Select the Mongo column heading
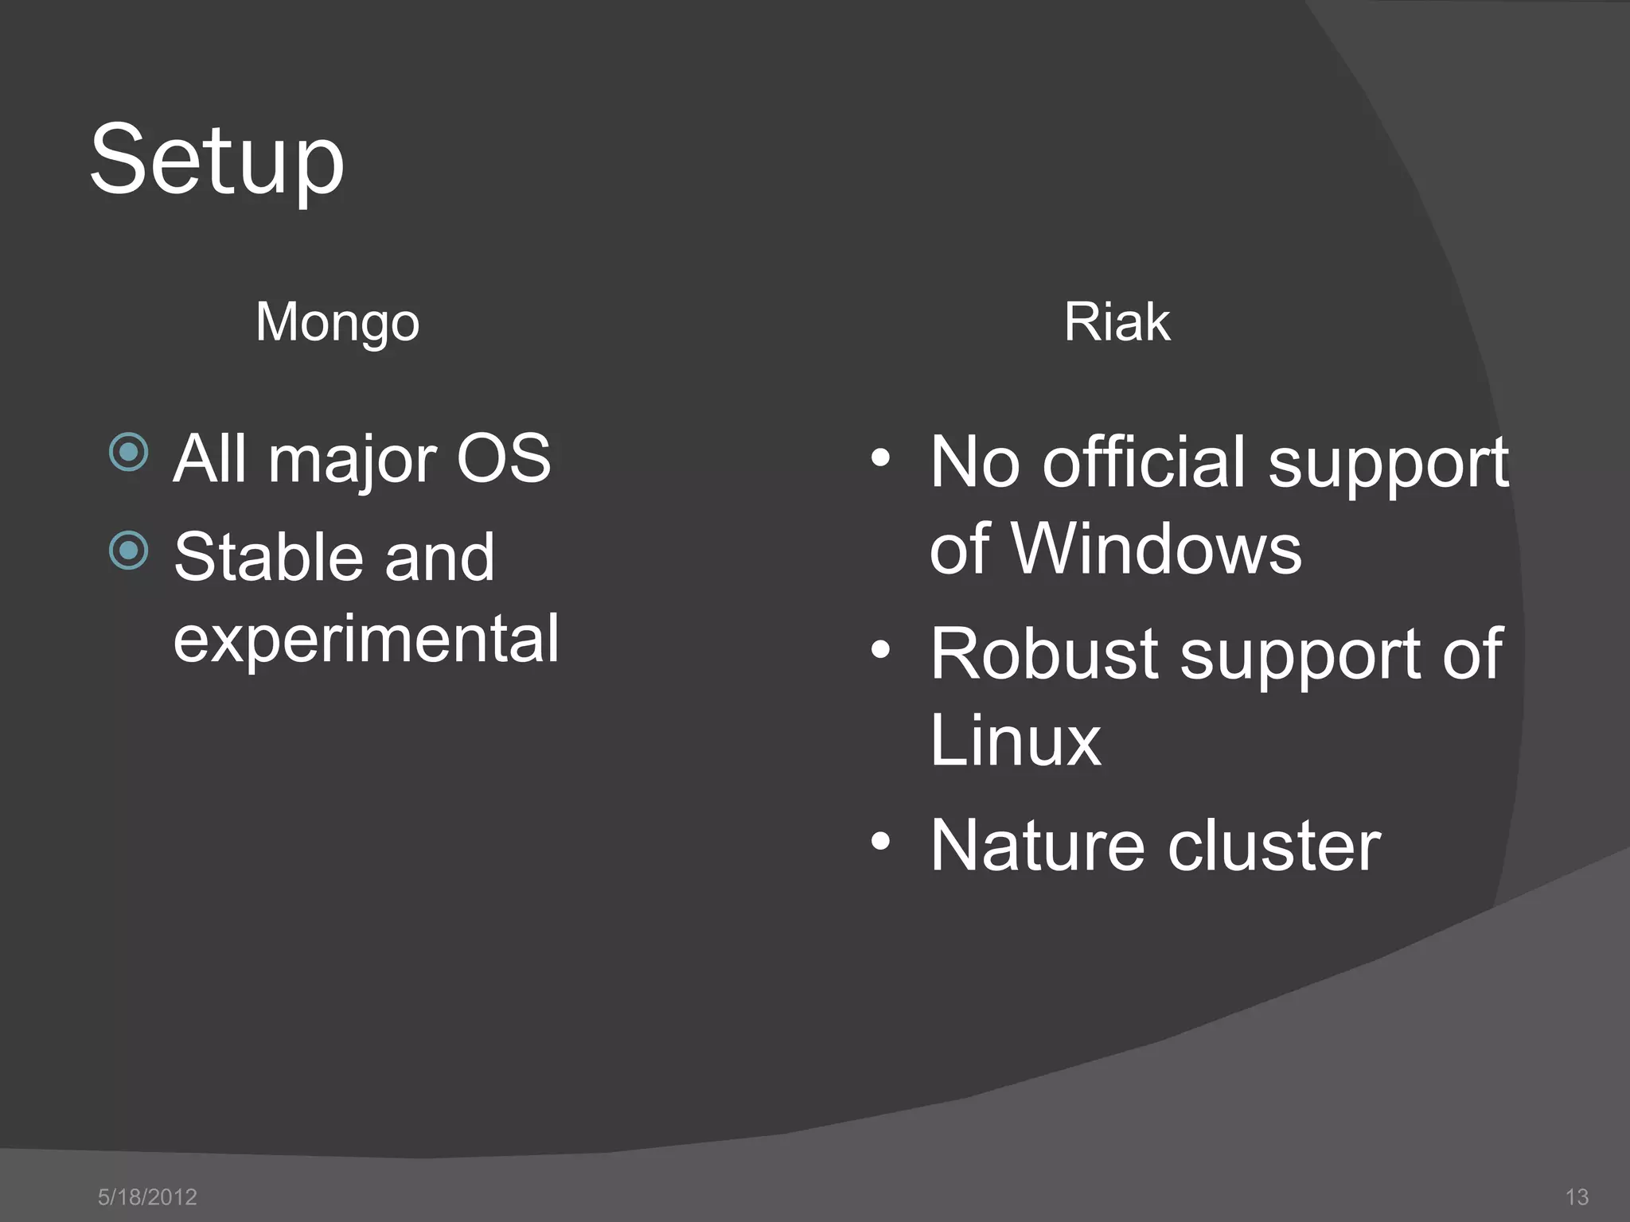pos(337,322)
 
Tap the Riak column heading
pos(1117,322)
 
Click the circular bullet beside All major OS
pos(129,453)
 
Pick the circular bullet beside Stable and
pos(129,551)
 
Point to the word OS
pos(503,458)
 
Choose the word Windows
pos(1156,548)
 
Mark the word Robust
pos(1043,654)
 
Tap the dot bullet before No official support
pos(879,458)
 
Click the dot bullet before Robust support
pos(879,650)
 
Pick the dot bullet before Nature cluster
pos(879,841)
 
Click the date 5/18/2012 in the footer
pos(147,1197)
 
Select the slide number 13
pos(1577,1197)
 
